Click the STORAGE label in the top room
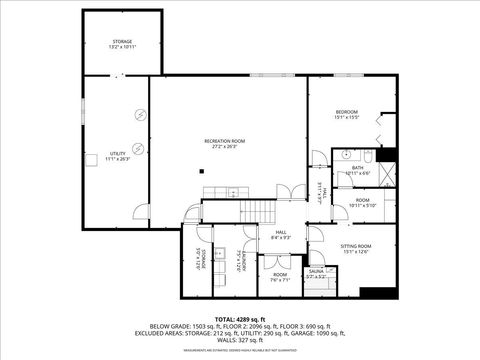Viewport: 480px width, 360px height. pyautogui.click(x=122, y=42)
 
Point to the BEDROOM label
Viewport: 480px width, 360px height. pyautogui.click(x=346, y=112)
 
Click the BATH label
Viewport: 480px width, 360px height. pyautogui.click(x=357, y=168)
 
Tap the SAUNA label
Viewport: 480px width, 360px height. pyautogui.click(x=316, y=271)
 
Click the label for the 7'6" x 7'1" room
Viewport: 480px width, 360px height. pyautogui.click(x=280, y=275)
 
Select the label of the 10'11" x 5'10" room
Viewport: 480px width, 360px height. pyautogui.click(x=362, y=201)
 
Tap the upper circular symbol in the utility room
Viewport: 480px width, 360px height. pyautogui.click(x=141, y=115)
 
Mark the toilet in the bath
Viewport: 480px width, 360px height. pyautogui.click(x=366, y=156)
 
